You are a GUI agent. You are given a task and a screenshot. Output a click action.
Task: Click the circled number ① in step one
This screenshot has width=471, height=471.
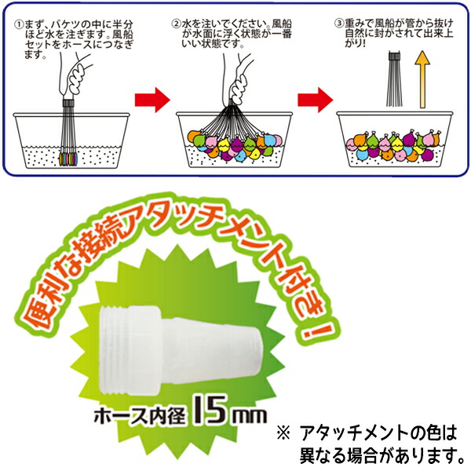pyautogui.click(x=18, y=24)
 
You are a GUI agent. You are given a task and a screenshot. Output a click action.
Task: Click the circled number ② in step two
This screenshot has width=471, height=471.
pyautogui.click(x=176, y=24)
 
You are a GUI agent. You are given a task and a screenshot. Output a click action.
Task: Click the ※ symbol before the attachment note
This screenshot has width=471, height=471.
pyautogui.click(x=283, y=433)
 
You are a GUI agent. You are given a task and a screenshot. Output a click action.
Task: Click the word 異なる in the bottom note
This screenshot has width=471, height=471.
pyautogui.click(x=322, y=454)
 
